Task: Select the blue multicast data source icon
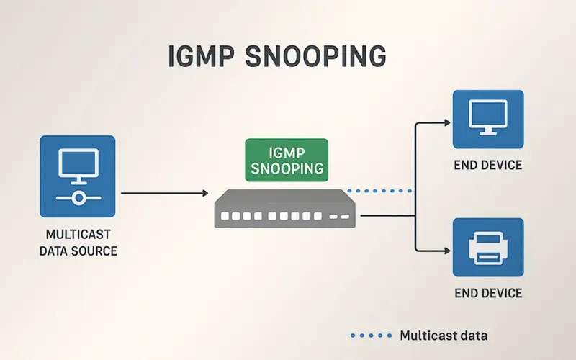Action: click(x=77, y=176)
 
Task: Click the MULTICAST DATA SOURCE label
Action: click(x=77, y=243)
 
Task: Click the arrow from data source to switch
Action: click(x=162, y=193)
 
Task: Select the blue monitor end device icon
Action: click(x=487, y=117)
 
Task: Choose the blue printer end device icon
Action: click(x=487, y=247)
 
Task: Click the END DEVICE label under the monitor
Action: click(x=487, y=165)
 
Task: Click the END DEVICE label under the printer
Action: click(x=487, y=294)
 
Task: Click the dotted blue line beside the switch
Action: click(x=379, y=192)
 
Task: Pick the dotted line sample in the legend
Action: click(x=369, y=336)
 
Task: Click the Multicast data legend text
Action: click(x=443, y=336)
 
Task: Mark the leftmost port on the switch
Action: click(x=225, y=215)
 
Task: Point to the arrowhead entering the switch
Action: click(x=204, y=193)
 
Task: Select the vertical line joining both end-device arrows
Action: click(x=416, y=187)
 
